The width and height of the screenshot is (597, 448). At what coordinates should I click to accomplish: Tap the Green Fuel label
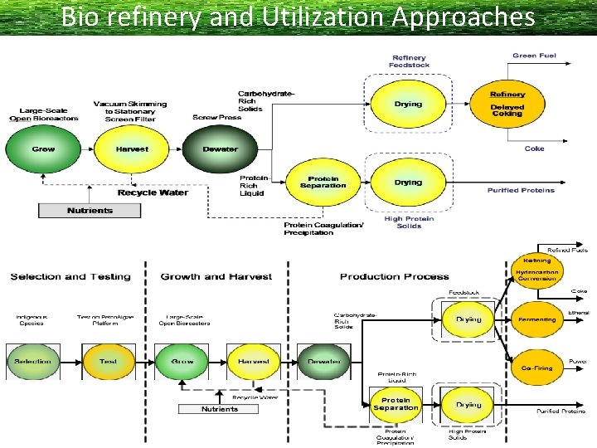[x=534, y=56]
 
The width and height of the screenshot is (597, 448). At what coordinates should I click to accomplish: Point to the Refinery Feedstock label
[x=409, y=61]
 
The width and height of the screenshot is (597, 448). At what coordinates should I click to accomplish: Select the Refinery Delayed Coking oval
[x=507, y=105]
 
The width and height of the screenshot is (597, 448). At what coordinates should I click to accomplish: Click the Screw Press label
[x=216, y=117]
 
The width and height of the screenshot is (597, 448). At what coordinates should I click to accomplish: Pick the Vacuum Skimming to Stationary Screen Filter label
[x=130, y=111]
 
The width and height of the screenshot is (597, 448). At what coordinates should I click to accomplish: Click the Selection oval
[x=32, y=362]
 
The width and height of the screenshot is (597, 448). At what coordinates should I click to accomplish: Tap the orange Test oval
[x=109, y=362]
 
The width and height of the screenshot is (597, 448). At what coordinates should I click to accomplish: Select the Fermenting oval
[x=536, y=319]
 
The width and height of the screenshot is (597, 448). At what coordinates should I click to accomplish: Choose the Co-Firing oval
[x=536, y=368]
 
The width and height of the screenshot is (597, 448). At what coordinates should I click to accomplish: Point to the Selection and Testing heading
[x=70, y=276]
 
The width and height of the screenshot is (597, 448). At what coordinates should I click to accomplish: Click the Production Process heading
[x=394, y=276]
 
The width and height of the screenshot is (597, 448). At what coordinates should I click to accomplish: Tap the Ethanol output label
[x=579, y=313]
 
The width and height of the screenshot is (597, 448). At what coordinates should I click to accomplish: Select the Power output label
[x=578, y=362]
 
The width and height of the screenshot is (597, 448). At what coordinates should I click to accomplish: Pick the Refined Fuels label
[x=568, y=250]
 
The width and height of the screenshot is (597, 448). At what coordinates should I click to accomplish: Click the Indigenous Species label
[x=32, y=319]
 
